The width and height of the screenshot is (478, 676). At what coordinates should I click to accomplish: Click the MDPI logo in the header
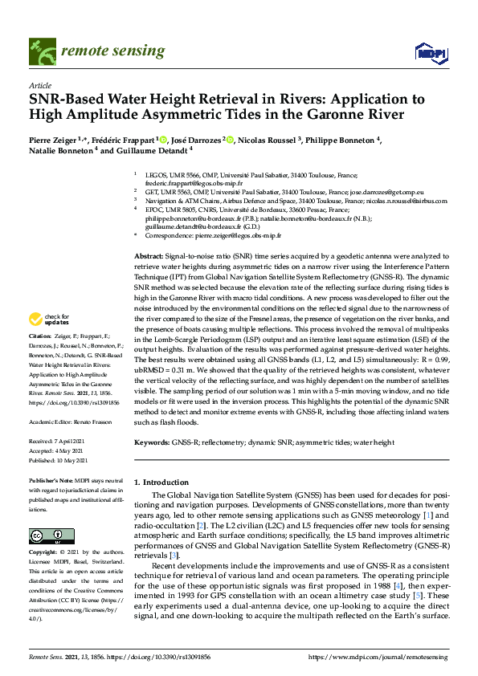[429, 53]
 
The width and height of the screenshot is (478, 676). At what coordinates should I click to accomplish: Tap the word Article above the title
[39, 85]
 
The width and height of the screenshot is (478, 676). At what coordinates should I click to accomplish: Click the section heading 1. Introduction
[166, 482]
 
